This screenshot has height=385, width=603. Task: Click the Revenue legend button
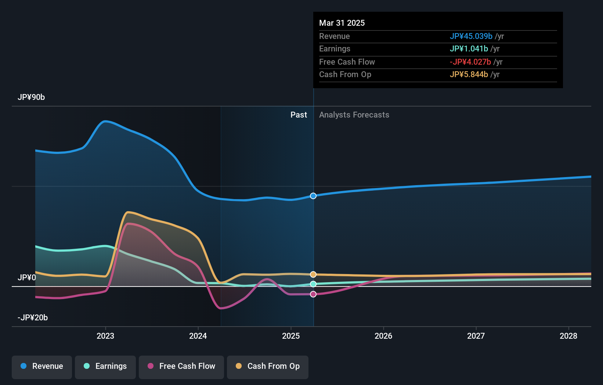point(42,366)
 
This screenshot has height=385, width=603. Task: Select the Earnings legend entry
point(105,366)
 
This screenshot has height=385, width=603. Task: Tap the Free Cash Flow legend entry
point(181,366)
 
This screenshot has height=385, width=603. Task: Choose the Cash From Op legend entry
point(268,366)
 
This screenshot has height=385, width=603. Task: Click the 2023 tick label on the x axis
point(105,336)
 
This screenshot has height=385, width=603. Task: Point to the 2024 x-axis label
point(198,336)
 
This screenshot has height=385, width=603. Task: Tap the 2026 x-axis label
point(383,336)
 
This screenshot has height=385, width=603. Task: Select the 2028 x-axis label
point(568,336)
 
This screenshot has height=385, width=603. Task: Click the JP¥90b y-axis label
point(31,97)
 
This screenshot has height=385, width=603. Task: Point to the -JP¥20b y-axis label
point(33,317)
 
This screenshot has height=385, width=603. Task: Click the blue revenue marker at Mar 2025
point(313,196)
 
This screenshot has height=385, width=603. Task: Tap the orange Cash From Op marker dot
point(313,274)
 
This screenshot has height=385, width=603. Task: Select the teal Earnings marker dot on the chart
point(313,284)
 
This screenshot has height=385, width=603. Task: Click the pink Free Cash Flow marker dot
point(313,294)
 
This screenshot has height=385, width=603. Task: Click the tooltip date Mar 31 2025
point(342,23)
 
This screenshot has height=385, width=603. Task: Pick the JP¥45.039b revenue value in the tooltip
point(471,36)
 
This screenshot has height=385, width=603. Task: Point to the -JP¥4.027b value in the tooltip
point(470,62)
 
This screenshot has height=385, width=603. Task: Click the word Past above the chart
point(299,115)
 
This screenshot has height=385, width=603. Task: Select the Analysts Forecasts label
point(354,115)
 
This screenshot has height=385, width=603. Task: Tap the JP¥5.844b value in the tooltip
point(469,74)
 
